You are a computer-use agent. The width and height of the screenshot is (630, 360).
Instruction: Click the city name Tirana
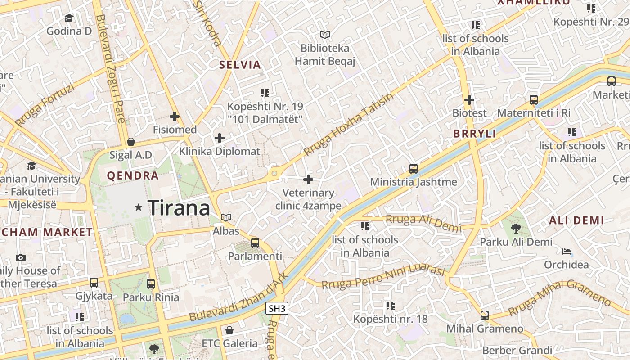pos(179,208)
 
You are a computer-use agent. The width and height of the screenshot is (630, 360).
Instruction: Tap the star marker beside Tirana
pos(139,207)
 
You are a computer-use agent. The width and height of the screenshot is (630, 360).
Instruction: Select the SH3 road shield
pos(277,309)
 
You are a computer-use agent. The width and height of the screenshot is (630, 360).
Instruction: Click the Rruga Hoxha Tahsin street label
pos(348,124)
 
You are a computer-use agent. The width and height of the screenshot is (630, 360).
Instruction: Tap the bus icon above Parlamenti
pos(255,243)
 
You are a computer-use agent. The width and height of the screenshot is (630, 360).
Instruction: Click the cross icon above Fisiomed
pos(175,117)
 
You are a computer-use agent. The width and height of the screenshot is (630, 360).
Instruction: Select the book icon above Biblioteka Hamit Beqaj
pos(325,35)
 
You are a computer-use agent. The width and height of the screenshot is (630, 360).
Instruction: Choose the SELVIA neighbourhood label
pos(240,65)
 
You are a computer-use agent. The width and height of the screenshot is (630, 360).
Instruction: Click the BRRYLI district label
pos(474,134)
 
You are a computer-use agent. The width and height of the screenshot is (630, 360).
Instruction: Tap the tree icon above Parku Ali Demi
pos(516,229)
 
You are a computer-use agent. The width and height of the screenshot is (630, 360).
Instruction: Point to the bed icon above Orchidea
pos(567,251)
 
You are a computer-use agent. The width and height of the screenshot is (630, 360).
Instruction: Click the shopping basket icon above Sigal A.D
pos(131,142)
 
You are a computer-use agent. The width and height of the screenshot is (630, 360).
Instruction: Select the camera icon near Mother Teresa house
pos(20,258)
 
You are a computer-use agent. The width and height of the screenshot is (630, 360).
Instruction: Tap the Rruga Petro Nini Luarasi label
pos(383,277)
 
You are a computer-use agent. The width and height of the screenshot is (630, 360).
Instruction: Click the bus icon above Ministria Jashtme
pos(414,169)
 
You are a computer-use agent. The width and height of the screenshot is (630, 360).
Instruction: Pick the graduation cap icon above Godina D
pos(69,18)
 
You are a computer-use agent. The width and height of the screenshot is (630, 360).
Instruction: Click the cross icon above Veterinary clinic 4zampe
pos(308,180)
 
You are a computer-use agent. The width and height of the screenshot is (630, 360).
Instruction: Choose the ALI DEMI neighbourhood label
pos(576,220)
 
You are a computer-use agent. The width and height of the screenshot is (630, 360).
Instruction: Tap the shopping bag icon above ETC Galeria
pos(229,330)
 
